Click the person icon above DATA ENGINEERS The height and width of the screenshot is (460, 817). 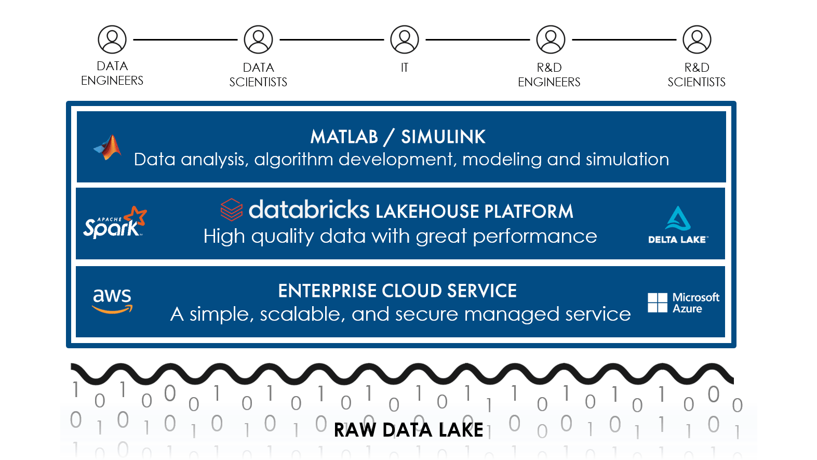click(112, 40)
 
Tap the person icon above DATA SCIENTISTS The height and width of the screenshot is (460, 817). click(258, 40)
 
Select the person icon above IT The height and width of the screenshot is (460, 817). click(405, 40)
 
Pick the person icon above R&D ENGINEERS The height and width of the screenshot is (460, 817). click(551, 40)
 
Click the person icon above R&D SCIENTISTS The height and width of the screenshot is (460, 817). click(697, 40)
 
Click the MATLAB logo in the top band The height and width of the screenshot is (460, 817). click(108, 148)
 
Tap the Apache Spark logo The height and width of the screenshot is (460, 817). click(115, 223)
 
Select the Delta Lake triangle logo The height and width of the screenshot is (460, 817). click(678, 219)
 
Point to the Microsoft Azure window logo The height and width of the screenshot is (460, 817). click(658, 303)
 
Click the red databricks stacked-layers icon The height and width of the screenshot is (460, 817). click(232, 209)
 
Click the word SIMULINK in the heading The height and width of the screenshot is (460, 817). click(443, 137)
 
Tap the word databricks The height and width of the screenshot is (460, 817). click(309, 210)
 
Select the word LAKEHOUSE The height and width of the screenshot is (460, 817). click(427, 212)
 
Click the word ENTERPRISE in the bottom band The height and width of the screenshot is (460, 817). click(327, 291)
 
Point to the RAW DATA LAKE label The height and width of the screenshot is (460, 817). click(408, 430)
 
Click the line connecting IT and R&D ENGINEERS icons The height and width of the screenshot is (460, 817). click(477, 40)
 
